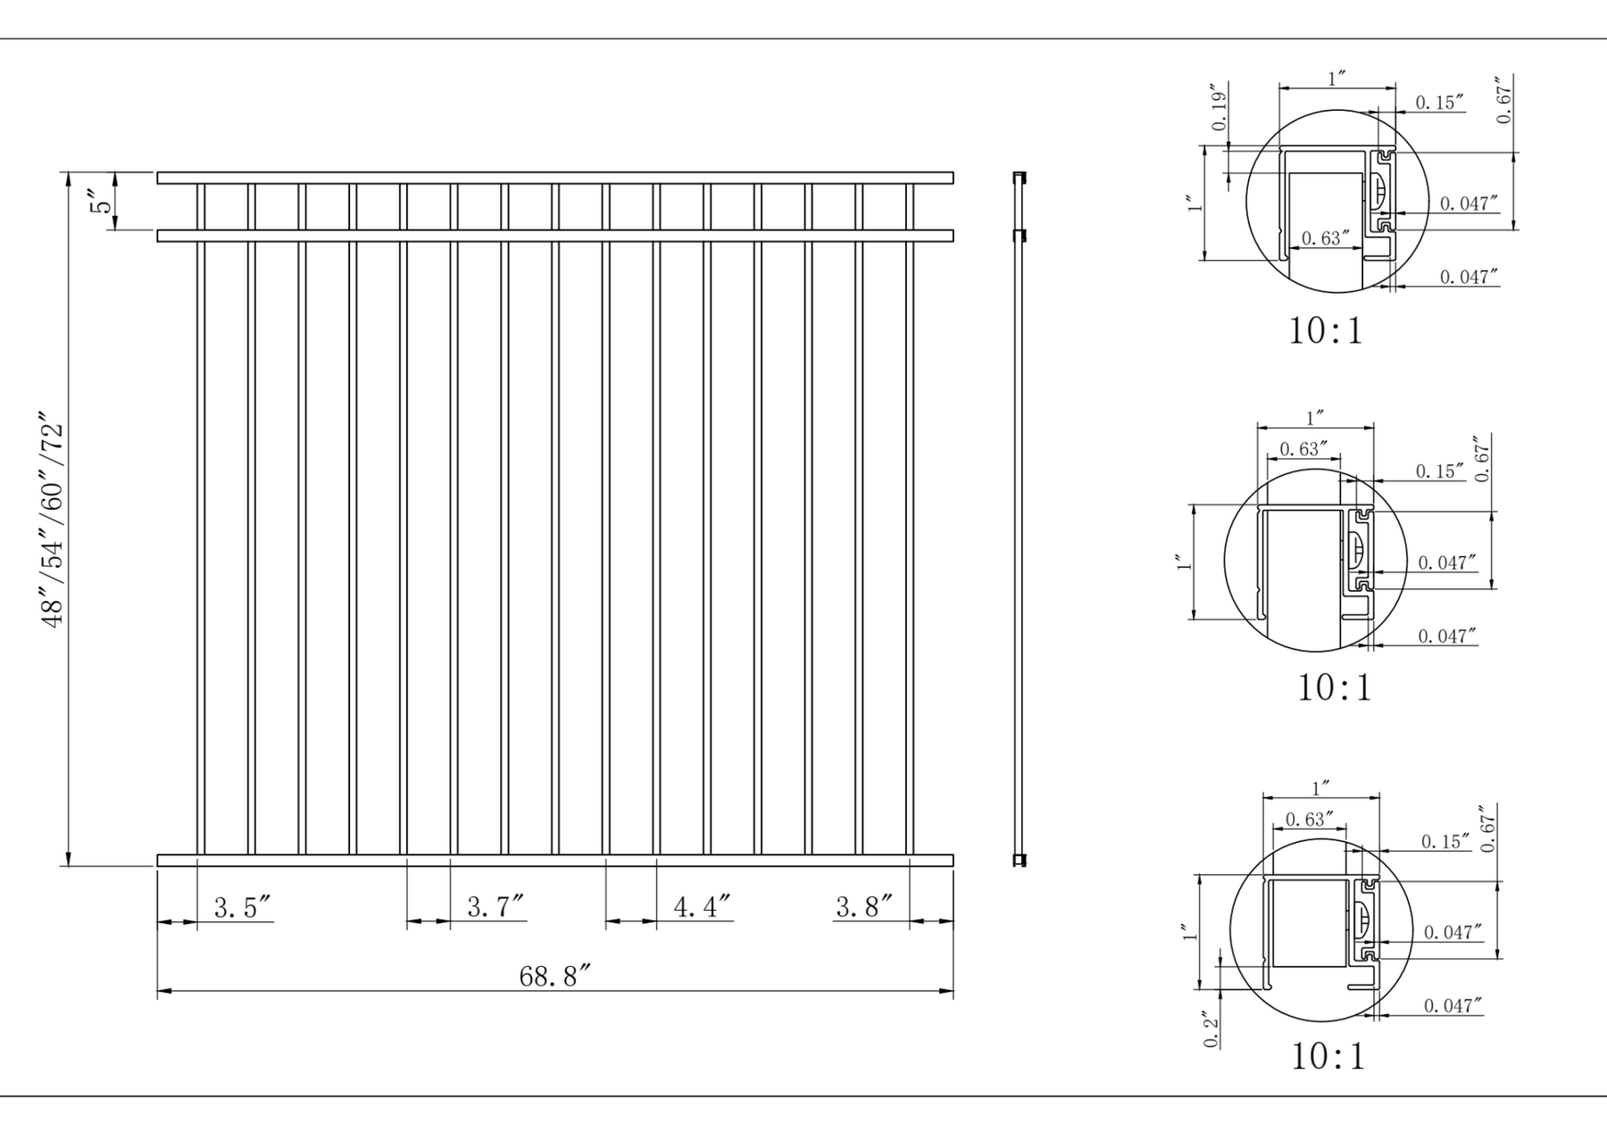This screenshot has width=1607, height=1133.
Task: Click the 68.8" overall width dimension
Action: pyautogui.click(x=555, y=976)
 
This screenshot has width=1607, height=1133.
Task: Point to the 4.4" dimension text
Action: pyautogui.click(x=702, y=907)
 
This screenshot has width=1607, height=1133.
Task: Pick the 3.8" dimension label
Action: pyautogui.click(x=863, y=907)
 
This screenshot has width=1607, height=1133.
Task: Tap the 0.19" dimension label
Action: pyautogui.click(x=1220, y=108)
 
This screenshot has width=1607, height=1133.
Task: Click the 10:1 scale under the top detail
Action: pyautogui.click(x=1326, y=331)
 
